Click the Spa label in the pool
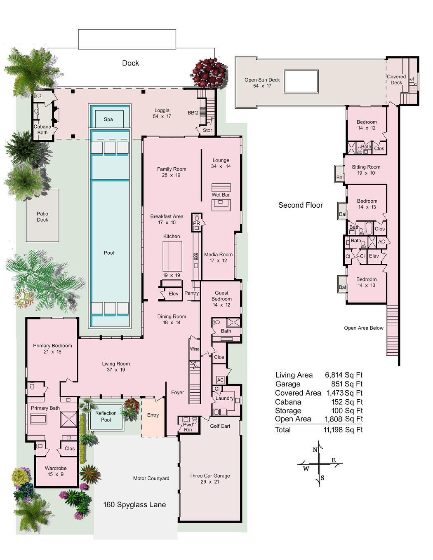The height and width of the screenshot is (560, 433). point(108,119)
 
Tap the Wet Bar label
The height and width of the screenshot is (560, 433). point(221,195)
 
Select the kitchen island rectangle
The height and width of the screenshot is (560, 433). point(172,256)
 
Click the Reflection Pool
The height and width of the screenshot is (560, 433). point(106,416)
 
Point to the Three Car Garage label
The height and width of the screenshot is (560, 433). point(209,476)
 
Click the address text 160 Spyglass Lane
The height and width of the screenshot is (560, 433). point(134,505)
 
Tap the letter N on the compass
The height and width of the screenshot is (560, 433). point(315,450)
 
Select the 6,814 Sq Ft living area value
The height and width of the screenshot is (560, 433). point(344,375)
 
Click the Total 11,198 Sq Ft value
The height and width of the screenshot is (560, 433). point(343,430)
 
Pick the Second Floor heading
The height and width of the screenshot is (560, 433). point(300,205)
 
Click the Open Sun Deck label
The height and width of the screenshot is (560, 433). point(262,80)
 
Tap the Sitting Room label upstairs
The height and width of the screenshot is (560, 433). point(366,167)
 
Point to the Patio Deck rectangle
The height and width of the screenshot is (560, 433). point(42,216)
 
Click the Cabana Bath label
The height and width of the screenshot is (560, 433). point(42,129)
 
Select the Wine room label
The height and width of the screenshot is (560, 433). point(194,349)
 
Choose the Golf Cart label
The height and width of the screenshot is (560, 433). point(220,426)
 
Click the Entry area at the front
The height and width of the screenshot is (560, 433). point(153,415)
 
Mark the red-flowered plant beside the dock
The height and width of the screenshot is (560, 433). point(209,72)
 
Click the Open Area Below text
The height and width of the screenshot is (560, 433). point(364,328)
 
